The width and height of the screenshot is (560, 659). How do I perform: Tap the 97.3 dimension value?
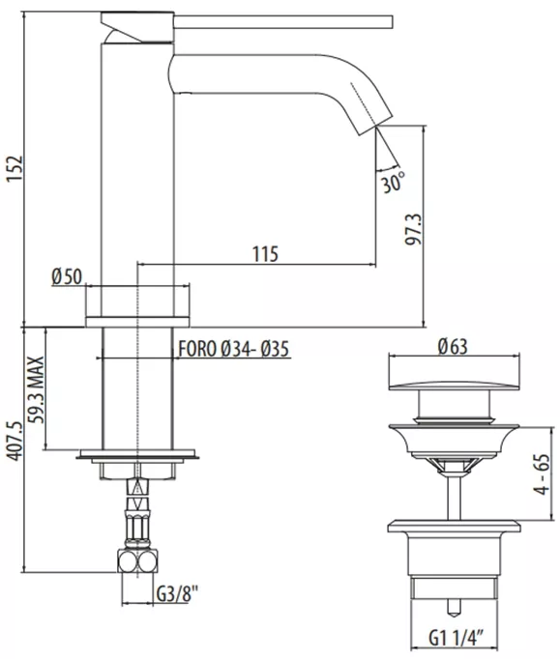click(x=413, y=229)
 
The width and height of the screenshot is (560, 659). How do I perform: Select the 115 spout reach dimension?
click(x=265, y=254)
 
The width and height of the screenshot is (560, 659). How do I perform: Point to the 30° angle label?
click(x=393, y=182)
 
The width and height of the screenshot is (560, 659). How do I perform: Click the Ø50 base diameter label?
click(x=67, y=276)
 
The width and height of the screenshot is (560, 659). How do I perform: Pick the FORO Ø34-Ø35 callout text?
click(x=234, y=349)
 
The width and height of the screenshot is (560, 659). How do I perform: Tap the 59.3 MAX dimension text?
click(x=36, y=390)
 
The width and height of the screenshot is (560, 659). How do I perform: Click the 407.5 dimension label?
click(x=15, y=442)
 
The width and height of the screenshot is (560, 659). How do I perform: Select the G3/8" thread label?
click(x=177, y=594)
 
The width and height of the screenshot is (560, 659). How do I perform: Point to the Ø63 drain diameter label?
click(x=453, y=346)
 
